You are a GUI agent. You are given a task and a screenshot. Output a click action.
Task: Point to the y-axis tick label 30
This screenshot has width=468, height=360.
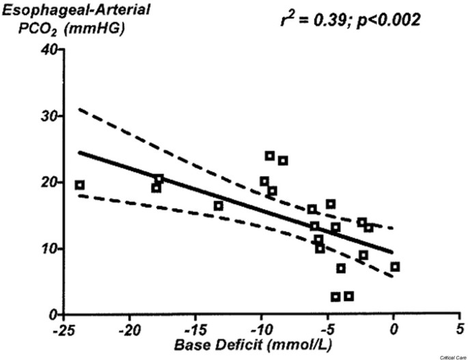(x=48, y=116)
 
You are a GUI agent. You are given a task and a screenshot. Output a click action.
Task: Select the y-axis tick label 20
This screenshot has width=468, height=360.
(x=48, y=182)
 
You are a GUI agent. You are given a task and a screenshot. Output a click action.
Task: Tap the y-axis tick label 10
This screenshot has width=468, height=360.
(x=48, y=249)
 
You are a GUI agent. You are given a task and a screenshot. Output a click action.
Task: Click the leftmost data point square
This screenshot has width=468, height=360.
(x=80, y=185)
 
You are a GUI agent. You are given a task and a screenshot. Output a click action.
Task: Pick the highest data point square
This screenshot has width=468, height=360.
(x=270, y=156)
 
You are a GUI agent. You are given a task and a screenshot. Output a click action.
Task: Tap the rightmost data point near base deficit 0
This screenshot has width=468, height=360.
(x=395, y=266)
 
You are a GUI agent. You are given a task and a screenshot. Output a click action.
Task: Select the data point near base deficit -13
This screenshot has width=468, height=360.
(x=219, y=206)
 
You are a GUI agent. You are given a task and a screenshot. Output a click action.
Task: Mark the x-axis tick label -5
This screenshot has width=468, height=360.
(x=327, y=329)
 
